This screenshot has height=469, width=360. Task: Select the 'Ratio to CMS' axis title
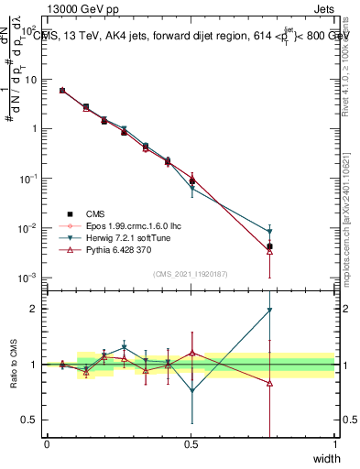(x=13, y=364)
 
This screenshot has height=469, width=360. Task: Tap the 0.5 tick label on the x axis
(x=191, y=444)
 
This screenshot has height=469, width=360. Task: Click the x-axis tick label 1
(x=334, y=444)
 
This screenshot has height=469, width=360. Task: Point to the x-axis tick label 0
(x=47, y=444)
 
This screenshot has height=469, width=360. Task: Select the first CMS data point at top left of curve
(x=61, y=91)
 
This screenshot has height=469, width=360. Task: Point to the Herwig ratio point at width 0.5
(x=191, y=391)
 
